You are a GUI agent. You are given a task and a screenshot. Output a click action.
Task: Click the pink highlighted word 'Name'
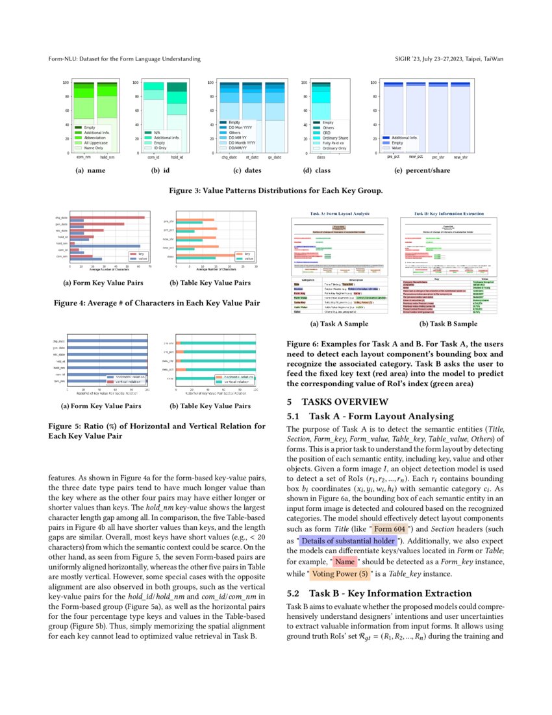[x=345, y=562]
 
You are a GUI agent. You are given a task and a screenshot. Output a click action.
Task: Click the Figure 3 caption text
[x=275, y=191]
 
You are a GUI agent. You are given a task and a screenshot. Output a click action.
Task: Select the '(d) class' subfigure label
[x=320, y=171]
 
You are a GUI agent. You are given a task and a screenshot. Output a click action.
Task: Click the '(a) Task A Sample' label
[x=339, y=324]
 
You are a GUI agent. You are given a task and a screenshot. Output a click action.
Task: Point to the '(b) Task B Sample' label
[x=448, y=324]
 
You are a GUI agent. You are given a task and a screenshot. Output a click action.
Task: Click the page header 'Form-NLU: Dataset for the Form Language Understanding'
[x=124, y=59]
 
